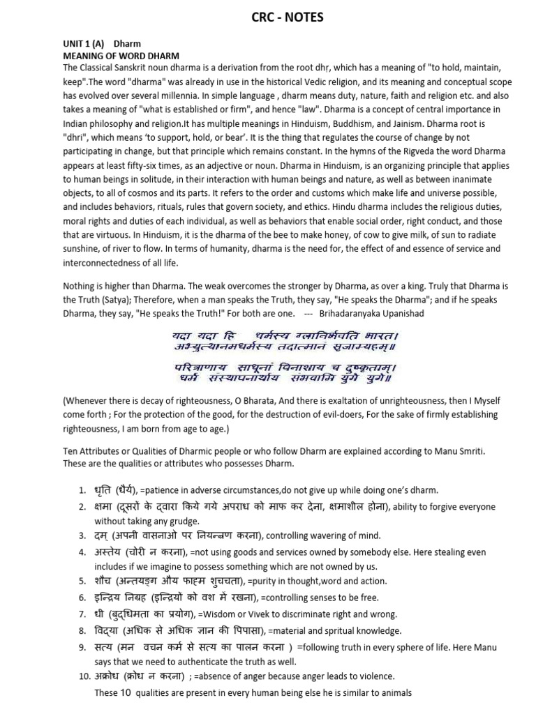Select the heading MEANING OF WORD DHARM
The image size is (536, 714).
[x=121, y=55]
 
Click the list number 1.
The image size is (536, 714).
[x=82, y=489]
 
